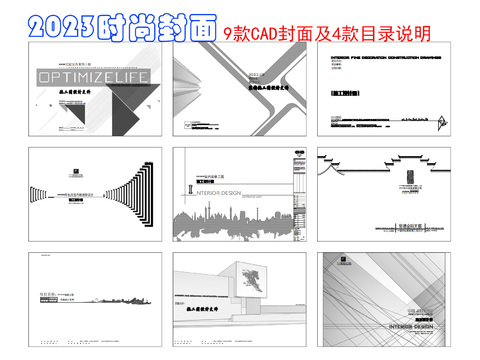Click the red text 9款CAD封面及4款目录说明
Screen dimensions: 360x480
tap(326, 33)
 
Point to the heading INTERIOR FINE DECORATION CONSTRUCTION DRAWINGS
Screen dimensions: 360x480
tap(384, 58)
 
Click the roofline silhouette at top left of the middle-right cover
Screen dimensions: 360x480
tap(341, 165)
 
